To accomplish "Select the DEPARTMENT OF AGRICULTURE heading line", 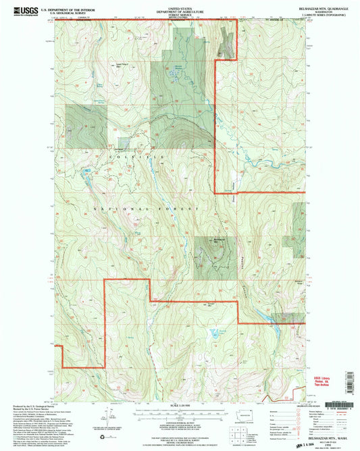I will pyautogui.click(x=179, y=9).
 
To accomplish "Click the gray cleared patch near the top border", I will pyautogui.click(x=226, y=47).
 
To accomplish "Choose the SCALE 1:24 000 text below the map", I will pyautogui.click(x=179, y=405).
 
